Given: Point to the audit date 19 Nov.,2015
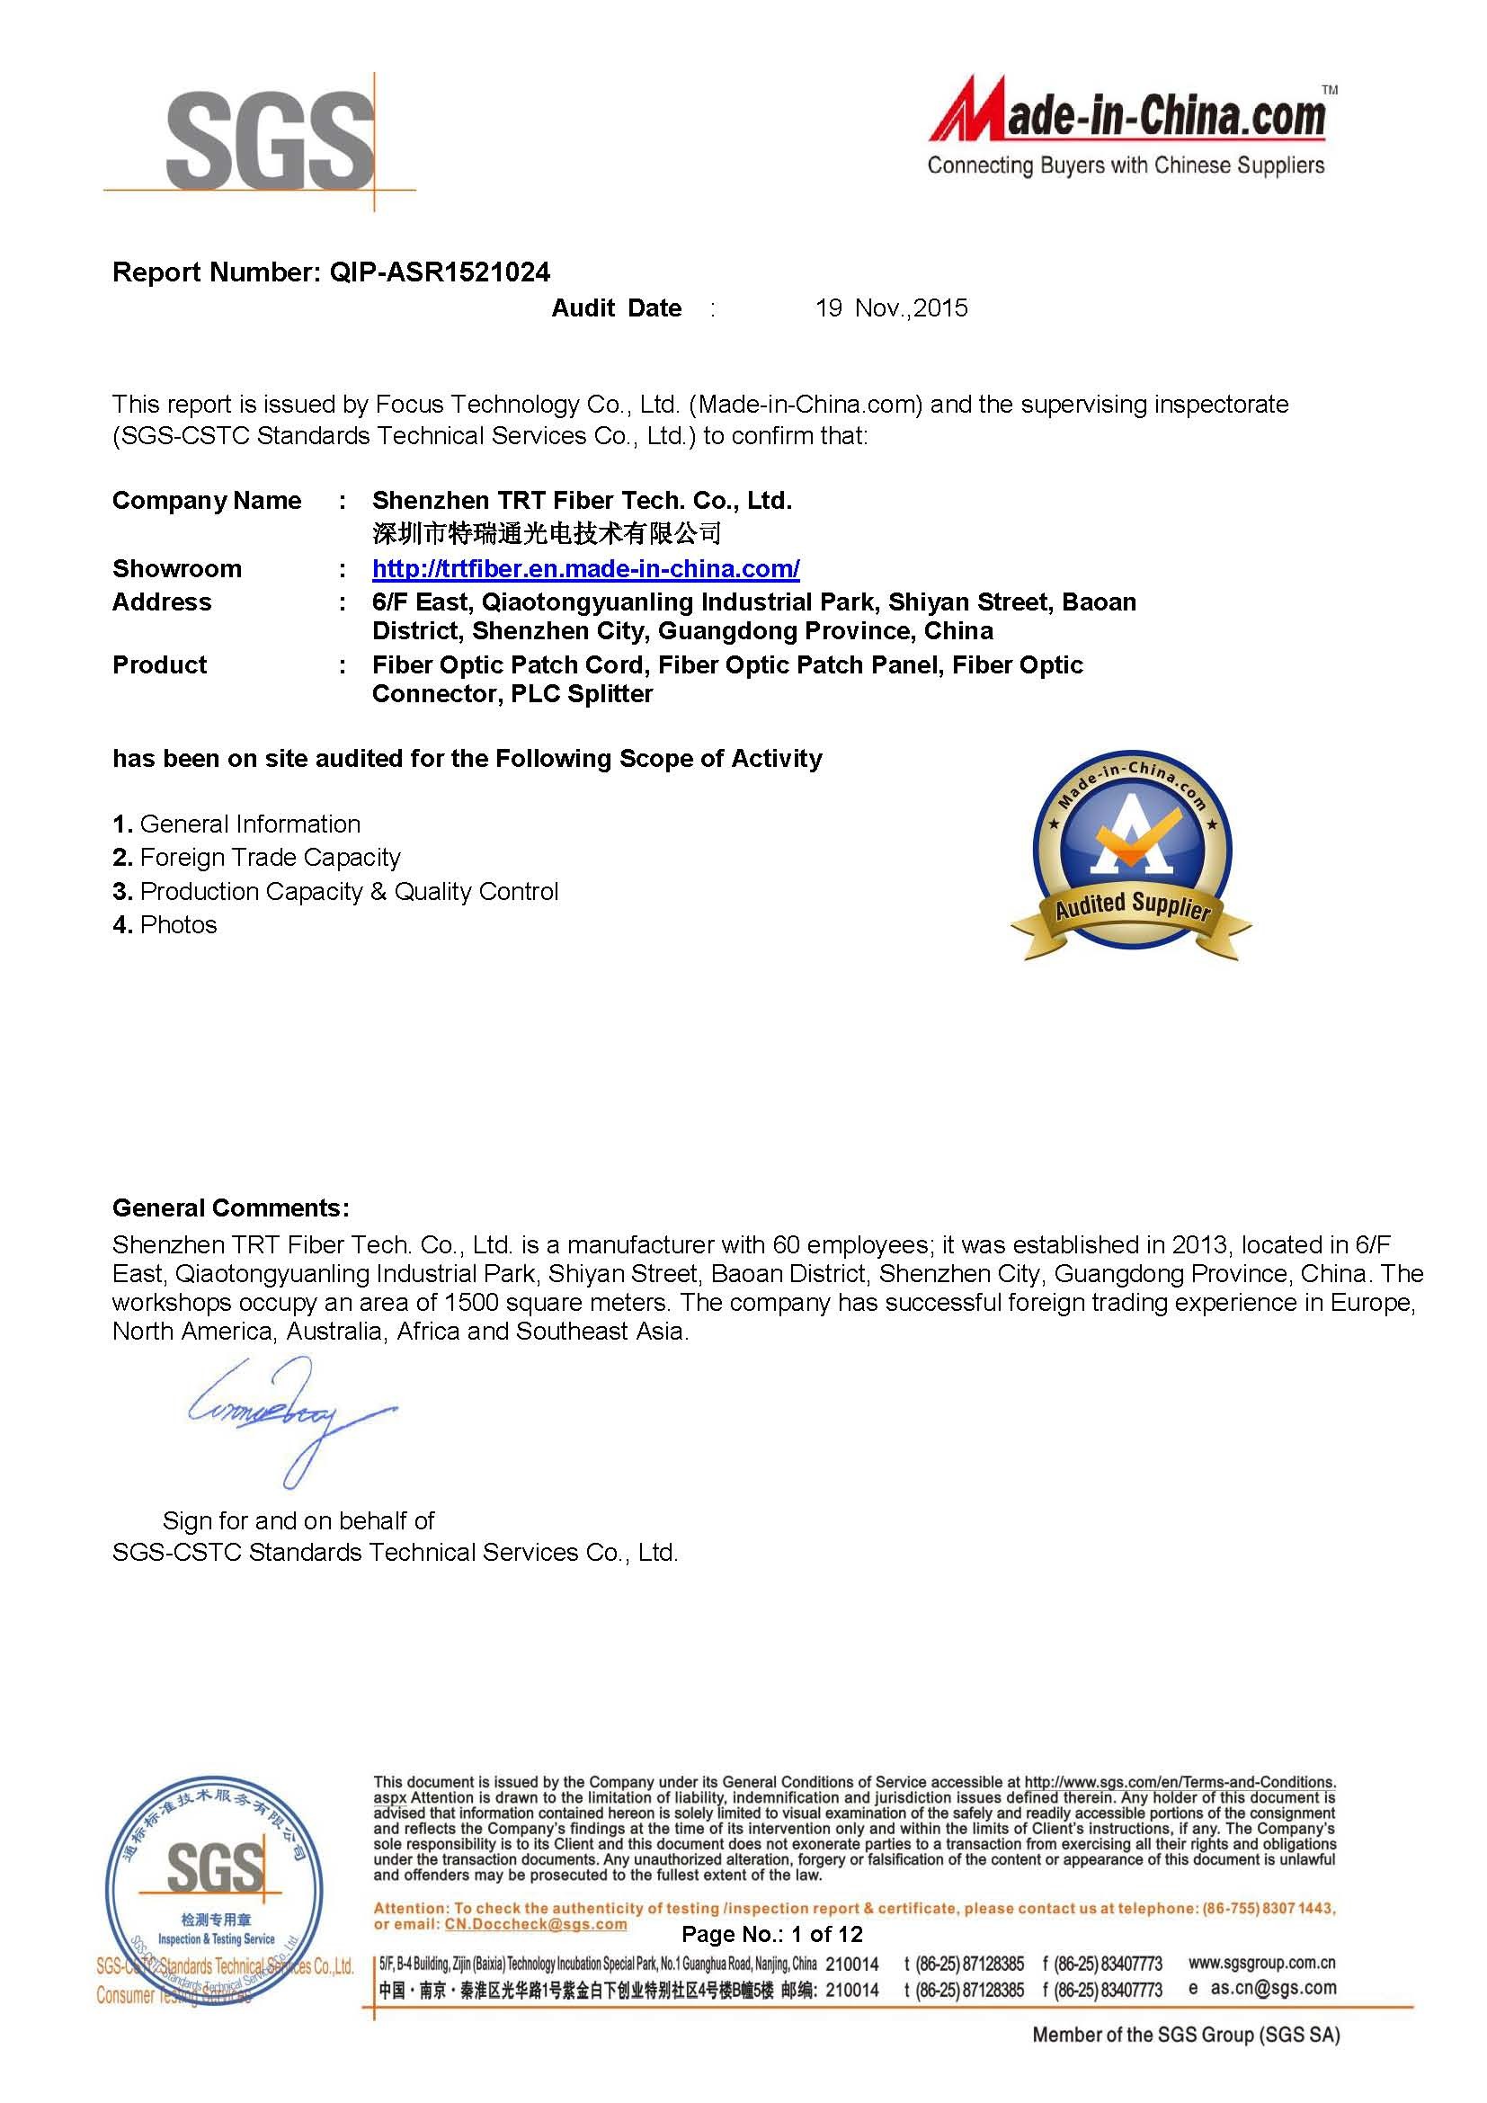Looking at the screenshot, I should (891, 307).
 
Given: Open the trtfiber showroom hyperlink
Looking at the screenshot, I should (586, 569).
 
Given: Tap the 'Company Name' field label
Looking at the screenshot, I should (207, 501).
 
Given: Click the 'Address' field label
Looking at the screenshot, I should (162, 602).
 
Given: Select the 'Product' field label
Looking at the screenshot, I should (160, 665).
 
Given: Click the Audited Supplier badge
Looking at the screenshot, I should (1132, 859).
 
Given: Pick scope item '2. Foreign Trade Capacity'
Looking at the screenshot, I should (257, 858).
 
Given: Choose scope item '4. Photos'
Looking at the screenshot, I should (165, 925).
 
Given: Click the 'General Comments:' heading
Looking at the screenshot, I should (231, 1208).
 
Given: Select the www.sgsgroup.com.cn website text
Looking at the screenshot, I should (1261, 1963).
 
